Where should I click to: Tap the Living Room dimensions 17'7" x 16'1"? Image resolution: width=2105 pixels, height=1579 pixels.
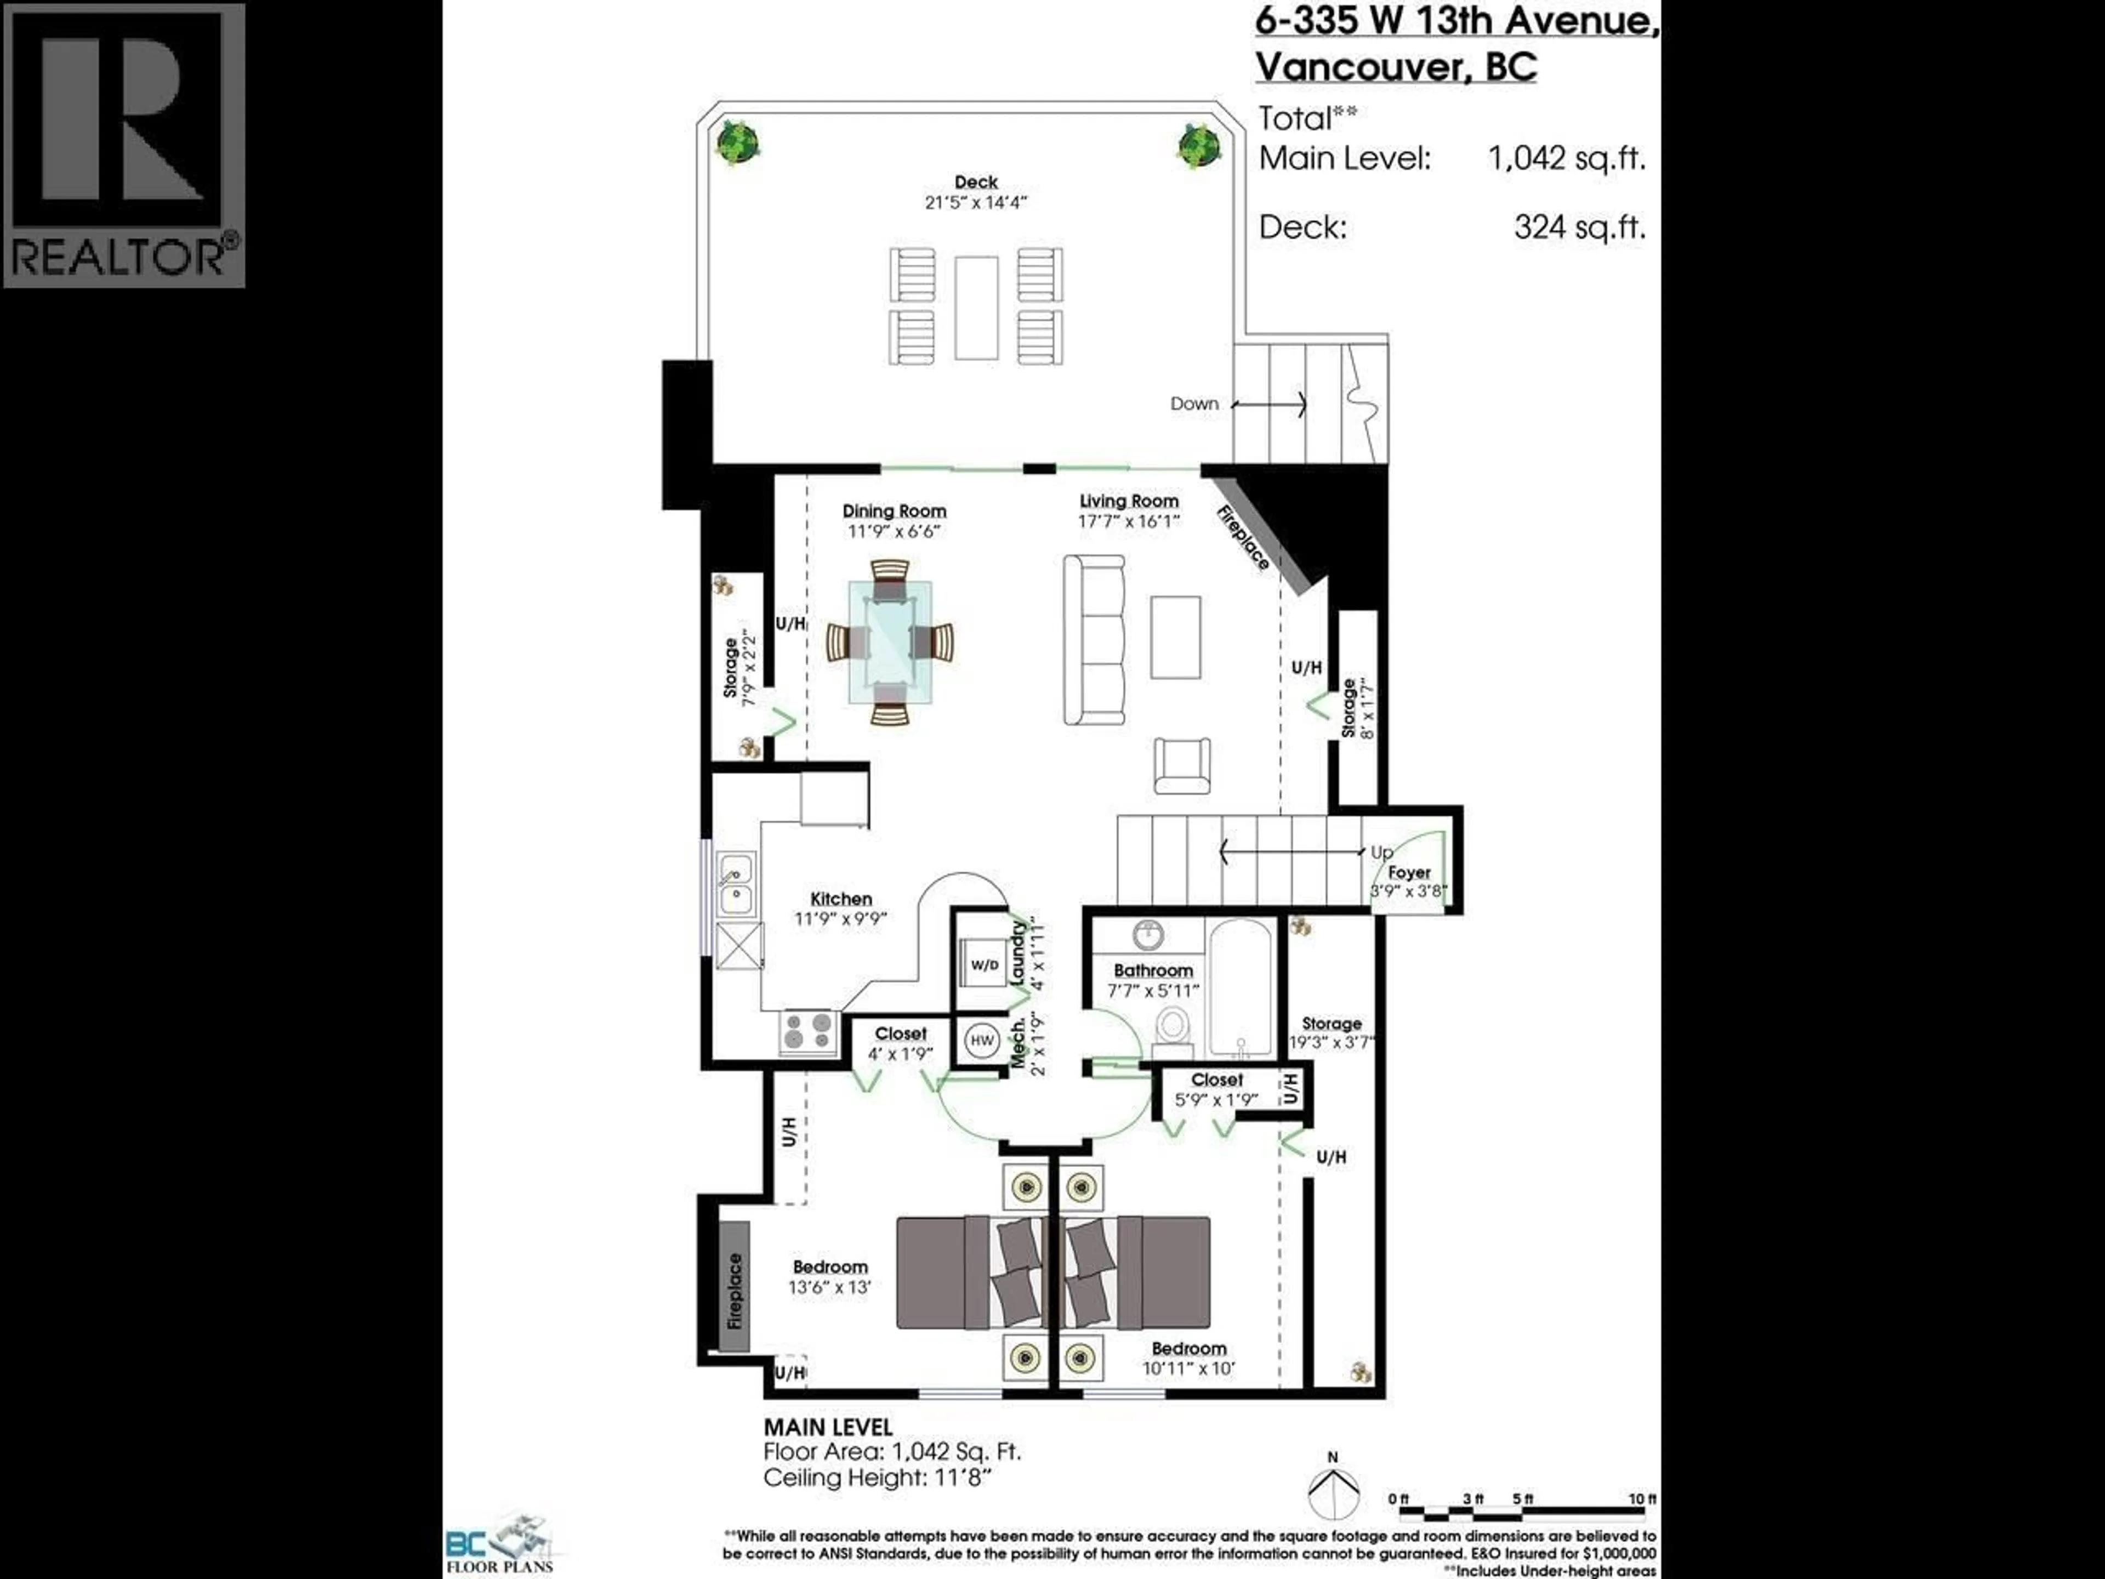[x=1129, y=521]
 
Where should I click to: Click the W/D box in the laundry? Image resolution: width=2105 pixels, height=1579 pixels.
[x=984, y=965]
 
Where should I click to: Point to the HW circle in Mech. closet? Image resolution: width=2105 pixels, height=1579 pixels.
[x=981, y=1040]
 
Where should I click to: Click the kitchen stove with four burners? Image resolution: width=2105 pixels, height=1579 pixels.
[x=808, y=1032]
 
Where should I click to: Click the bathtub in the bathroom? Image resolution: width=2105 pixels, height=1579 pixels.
[x=1240, y=987]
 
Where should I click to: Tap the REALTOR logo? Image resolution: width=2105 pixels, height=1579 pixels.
[x=124, y=145]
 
